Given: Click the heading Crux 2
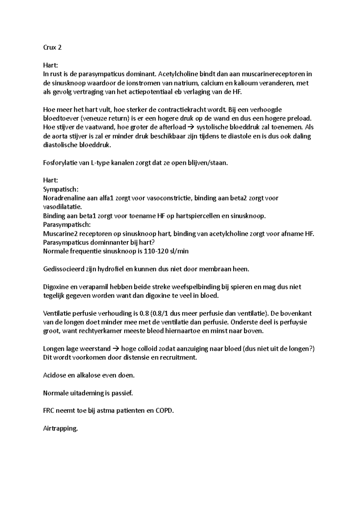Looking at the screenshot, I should [52, 47].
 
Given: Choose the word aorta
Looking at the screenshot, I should [60, 136].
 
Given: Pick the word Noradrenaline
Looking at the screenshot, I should [64, 198].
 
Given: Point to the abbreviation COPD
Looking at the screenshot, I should [164, 411].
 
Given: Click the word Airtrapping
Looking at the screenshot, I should [60, 429].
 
